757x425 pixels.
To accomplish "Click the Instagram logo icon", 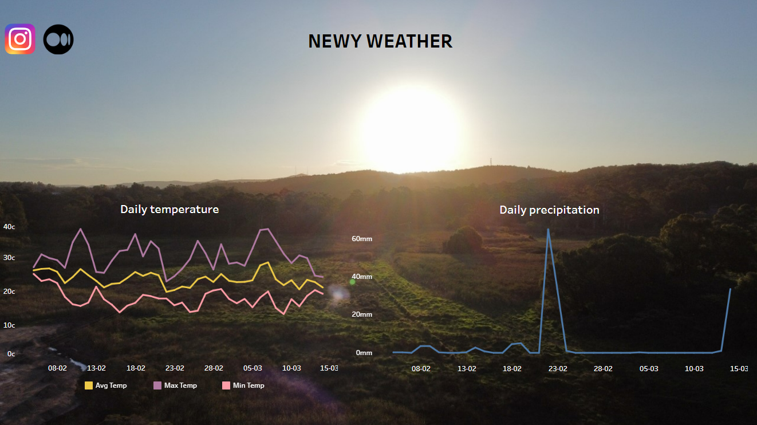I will coord(20,39).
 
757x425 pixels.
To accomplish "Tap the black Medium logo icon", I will coord(58,40).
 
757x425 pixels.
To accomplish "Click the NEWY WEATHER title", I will coord(380,41).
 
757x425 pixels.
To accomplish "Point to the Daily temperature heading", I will coord(169,210).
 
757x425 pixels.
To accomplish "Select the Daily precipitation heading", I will coord(549,210).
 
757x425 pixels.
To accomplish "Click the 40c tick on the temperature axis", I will coord(9,227).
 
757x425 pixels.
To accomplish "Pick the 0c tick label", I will coord(11,354).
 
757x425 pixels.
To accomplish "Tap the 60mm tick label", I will coord(362,239).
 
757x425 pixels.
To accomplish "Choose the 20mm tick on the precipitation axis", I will coord(362,314).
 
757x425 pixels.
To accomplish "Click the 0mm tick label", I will coord(364,353).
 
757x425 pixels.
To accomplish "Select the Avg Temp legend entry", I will coord(106,385).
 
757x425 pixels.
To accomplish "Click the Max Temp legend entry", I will coord(175,385).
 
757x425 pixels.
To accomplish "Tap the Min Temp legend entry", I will coord(243,385).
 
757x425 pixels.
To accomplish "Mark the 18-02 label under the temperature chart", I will coord(136,368).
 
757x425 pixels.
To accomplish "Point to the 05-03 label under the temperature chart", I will coord(253,368).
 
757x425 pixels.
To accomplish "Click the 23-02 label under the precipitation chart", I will coord(558,369).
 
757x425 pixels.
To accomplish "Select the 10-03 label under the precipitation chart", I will coord(694,369).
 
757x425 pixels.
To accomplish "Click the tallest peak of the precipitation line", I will coord(548,230).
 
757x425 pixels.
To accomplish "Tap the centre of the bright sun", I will coord(411,129).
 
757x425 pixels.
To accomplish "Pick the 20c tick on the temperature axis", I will coord(9,292).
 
